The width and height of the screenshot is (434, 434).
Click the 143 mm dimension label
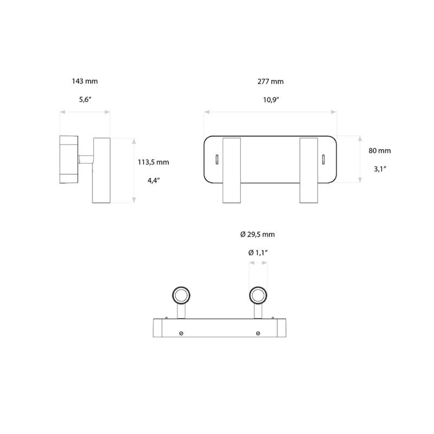pos(85,81)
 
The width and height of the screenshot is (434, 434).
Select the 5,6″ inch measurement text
pos(85,99)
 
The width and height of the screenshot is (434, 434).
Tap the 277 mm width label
pos(270,81)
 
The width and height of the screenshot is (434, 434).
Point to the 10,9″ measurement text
pos(270,99)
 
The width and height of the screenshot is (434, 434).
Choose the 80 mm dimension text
pos(379,151)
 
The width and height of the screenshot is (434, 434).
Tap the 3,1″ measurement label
pos(379,169)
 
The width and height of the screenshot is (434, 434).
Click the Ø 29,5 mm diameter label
pos(258,234)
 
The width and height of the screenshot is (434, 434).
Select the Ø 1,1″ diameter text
pos(258,253)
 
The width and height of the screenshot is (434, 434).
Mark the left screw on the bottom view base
pos(181,333)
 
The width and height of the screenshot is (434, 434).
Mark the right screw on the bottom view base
pos(258,333)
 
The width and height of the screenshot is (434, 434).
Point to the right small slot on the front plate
pos(324,158)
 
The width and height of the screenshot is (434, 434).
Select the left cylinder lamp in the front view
pos(231,170)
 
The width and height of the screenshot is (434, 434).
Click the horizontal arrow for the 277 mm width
pos(270,112)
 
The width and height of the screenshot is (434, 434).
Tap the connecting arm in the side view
pos(86,159)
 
